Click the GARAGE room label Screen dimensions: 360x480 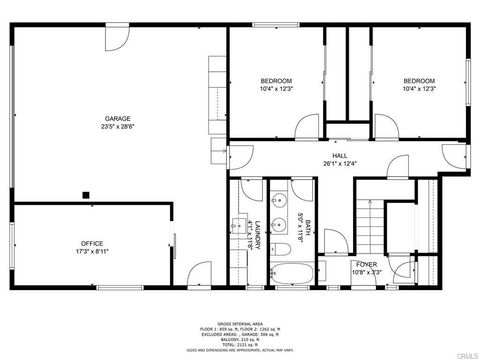click(x=117, y=118)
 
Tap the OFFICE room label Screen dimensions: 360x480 click(x=92, y=243)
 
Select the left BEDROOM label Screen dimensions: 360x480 click(x=276, y=80)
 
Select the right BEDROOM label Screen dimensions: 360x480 click(x=419, y=80)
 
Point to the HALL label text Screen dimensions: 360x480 click(x=340, y=155)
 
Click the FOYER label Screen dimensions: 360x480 click(x=367, y=264)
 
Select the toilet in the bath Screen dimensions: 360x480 click(x=282, y=245)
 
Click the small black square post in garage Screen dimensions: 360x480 click(x=87, y=195)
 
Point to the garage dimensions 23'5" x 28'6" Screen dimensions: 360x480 click(x=117, y=127)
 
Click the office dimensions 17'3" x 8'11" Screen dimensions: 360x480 click(x=92, y=252)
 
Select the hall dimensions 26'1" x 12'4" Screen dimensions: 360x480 click(x=340, y=164)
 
